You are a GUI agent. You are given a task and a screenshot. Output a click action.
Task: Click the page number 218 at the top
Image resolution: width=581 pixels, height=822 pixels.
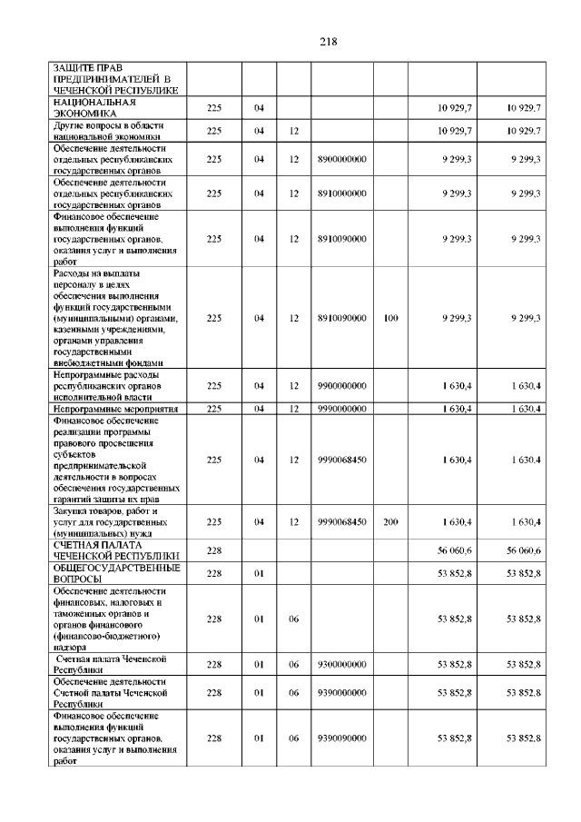(x=329, y=41)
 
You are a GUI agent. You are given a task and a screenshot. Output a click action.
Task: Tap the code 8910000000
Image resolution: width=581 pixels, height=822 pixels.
(x=341, y=193)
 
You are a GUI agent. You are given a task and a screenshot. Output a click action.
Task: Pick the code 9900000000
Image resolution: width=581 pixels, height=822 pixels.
(x=341, y=386)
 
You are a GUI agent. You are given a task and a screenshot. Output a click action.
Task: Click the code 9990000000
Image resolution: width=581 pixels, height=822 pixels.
(x=341, y=410)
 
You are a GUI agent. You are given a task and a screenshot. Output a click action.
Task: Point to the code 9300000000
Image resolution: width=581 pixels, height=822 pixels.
(x=341, y=665)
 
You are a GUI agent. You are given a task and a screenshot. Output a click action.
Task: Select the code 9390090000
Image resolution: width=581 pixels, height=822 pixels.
(x=341, y=739)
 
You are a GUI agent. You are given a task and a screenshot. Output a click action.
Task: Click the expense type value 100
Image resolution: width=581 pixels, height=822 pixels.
(x=391, y=318)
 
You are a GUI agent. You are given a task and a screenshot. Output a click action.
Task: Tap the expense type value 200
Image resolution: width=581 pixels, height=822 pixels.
(x=391, y=522)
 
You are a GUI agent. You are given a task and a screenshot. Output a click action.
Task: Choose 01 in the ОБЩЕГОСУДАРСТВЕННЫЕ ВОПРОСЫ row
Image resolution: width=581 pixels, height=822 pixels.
(x=259, y=573)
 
